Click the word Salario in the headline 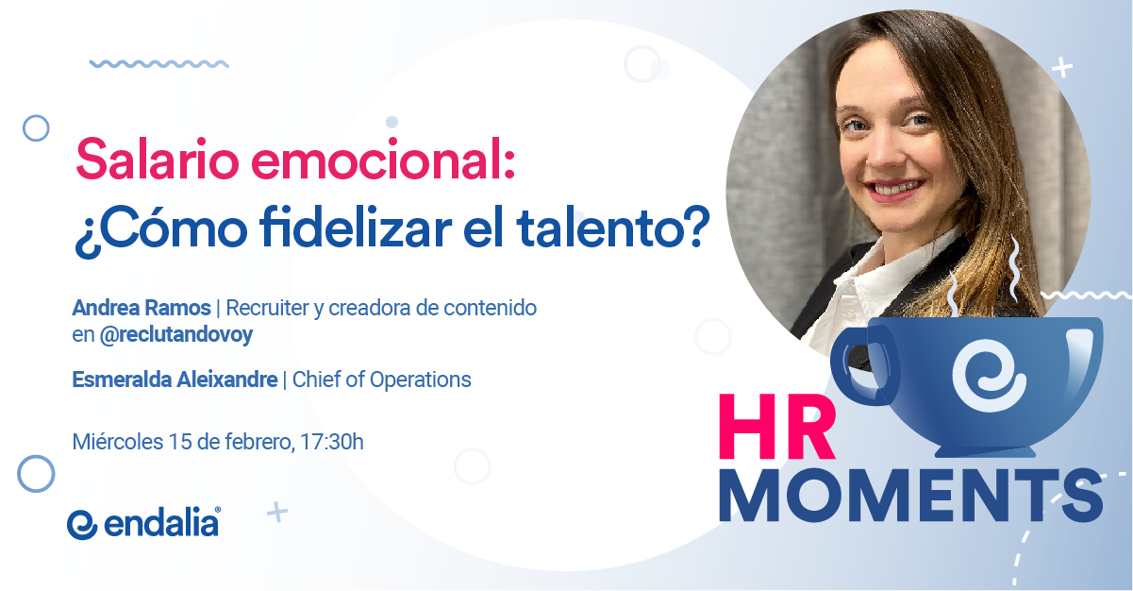tap(158, 160)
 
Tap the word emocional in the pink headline tap(383, 160)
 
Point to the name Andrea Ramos tap(142, 308)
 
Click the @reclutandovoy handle tap(176, 335)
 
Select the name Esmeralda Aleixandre tap(175, 380)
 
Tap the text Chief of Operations tap(382, 380)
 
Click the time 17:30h tap(332, 442)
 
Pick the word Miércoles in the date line tap(118, 442)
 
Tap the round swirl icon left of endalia tap(82, 525)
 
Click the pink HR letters tap(776, 427)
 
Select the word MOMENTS tap(911, 495)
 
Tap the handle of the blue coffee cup tap(860, 365)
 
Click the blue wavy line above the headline tap(158, 64)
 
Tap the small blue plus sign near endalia tap(277, 513)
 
